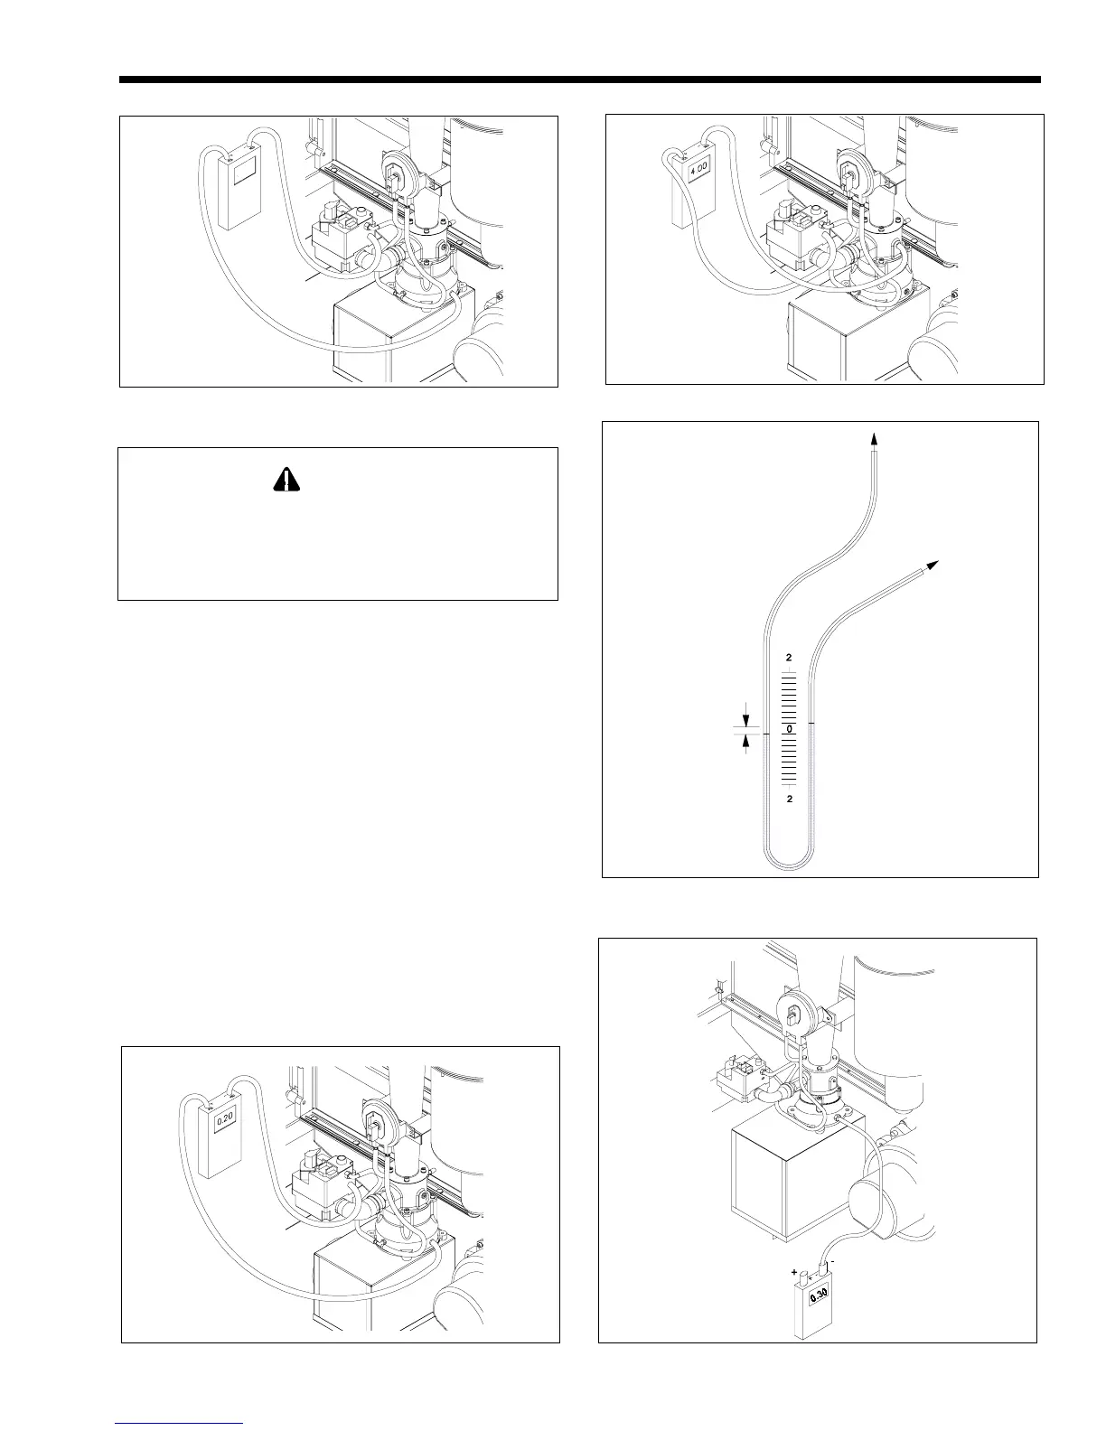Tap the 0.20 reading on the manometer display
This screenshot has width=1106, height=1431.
[225, 1118]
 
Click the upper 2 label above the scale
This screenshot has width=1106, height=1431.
[789, 657]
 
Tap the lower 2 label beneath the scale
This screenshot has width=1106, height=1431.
[789, 800]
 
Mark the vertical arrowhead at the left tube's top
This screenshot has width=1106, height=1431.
[874, 438]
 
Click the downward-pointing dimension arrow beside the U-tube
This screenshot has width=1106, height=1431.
[746, 720]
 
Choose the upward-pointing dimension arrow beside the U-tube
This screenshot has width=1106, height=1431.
[746, 742]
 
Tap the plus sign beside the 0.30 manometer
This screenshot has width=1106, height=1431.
[795, 1273]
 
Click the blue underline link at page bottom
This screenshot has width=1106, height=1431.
[180, 1423]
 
